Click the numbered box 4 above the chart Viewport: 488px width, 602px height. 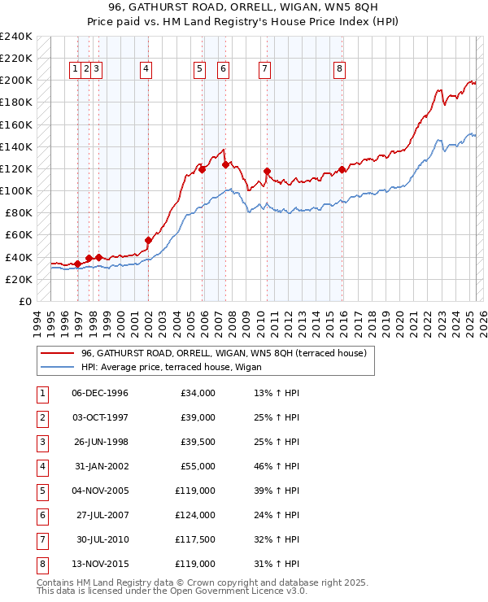(146, 69)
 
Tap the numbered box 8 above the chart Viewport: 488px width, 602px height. (338, 69)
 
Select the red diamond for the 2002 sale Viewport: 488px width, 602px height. (148, 240)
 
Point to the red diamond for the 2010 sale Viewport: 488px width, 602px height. (267, 171)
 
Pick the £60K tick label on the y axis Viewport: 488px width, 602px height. (19, 235)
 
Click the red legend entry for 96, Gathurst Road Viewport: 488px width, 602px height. (224, 353)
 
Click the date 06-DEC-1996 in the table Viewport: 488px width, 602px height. (100, 394)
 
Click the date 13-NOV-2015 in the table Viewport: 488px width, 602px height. (100, 565)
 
